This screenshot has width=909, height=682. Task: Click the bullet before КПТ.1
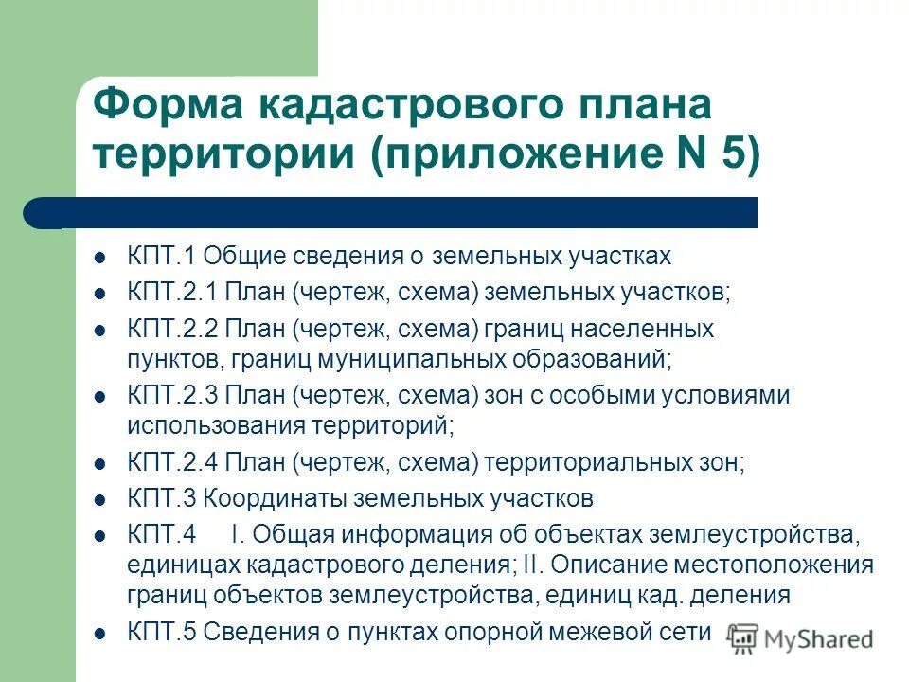coord(99,256)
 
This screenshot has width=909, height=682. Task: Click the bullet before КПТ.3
coord(99,498)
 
